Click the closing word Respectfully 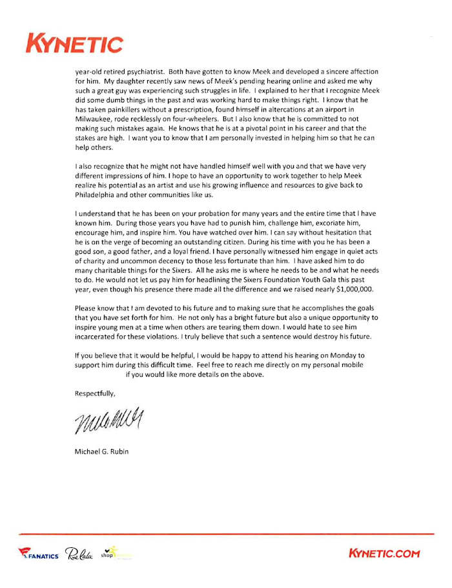(96, 393)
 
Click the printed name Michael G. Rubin (101, 451)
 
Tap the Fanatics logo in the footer (39, 554)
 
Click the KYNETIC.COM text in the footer (384, 553)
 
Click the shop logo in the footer (116, 553)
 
